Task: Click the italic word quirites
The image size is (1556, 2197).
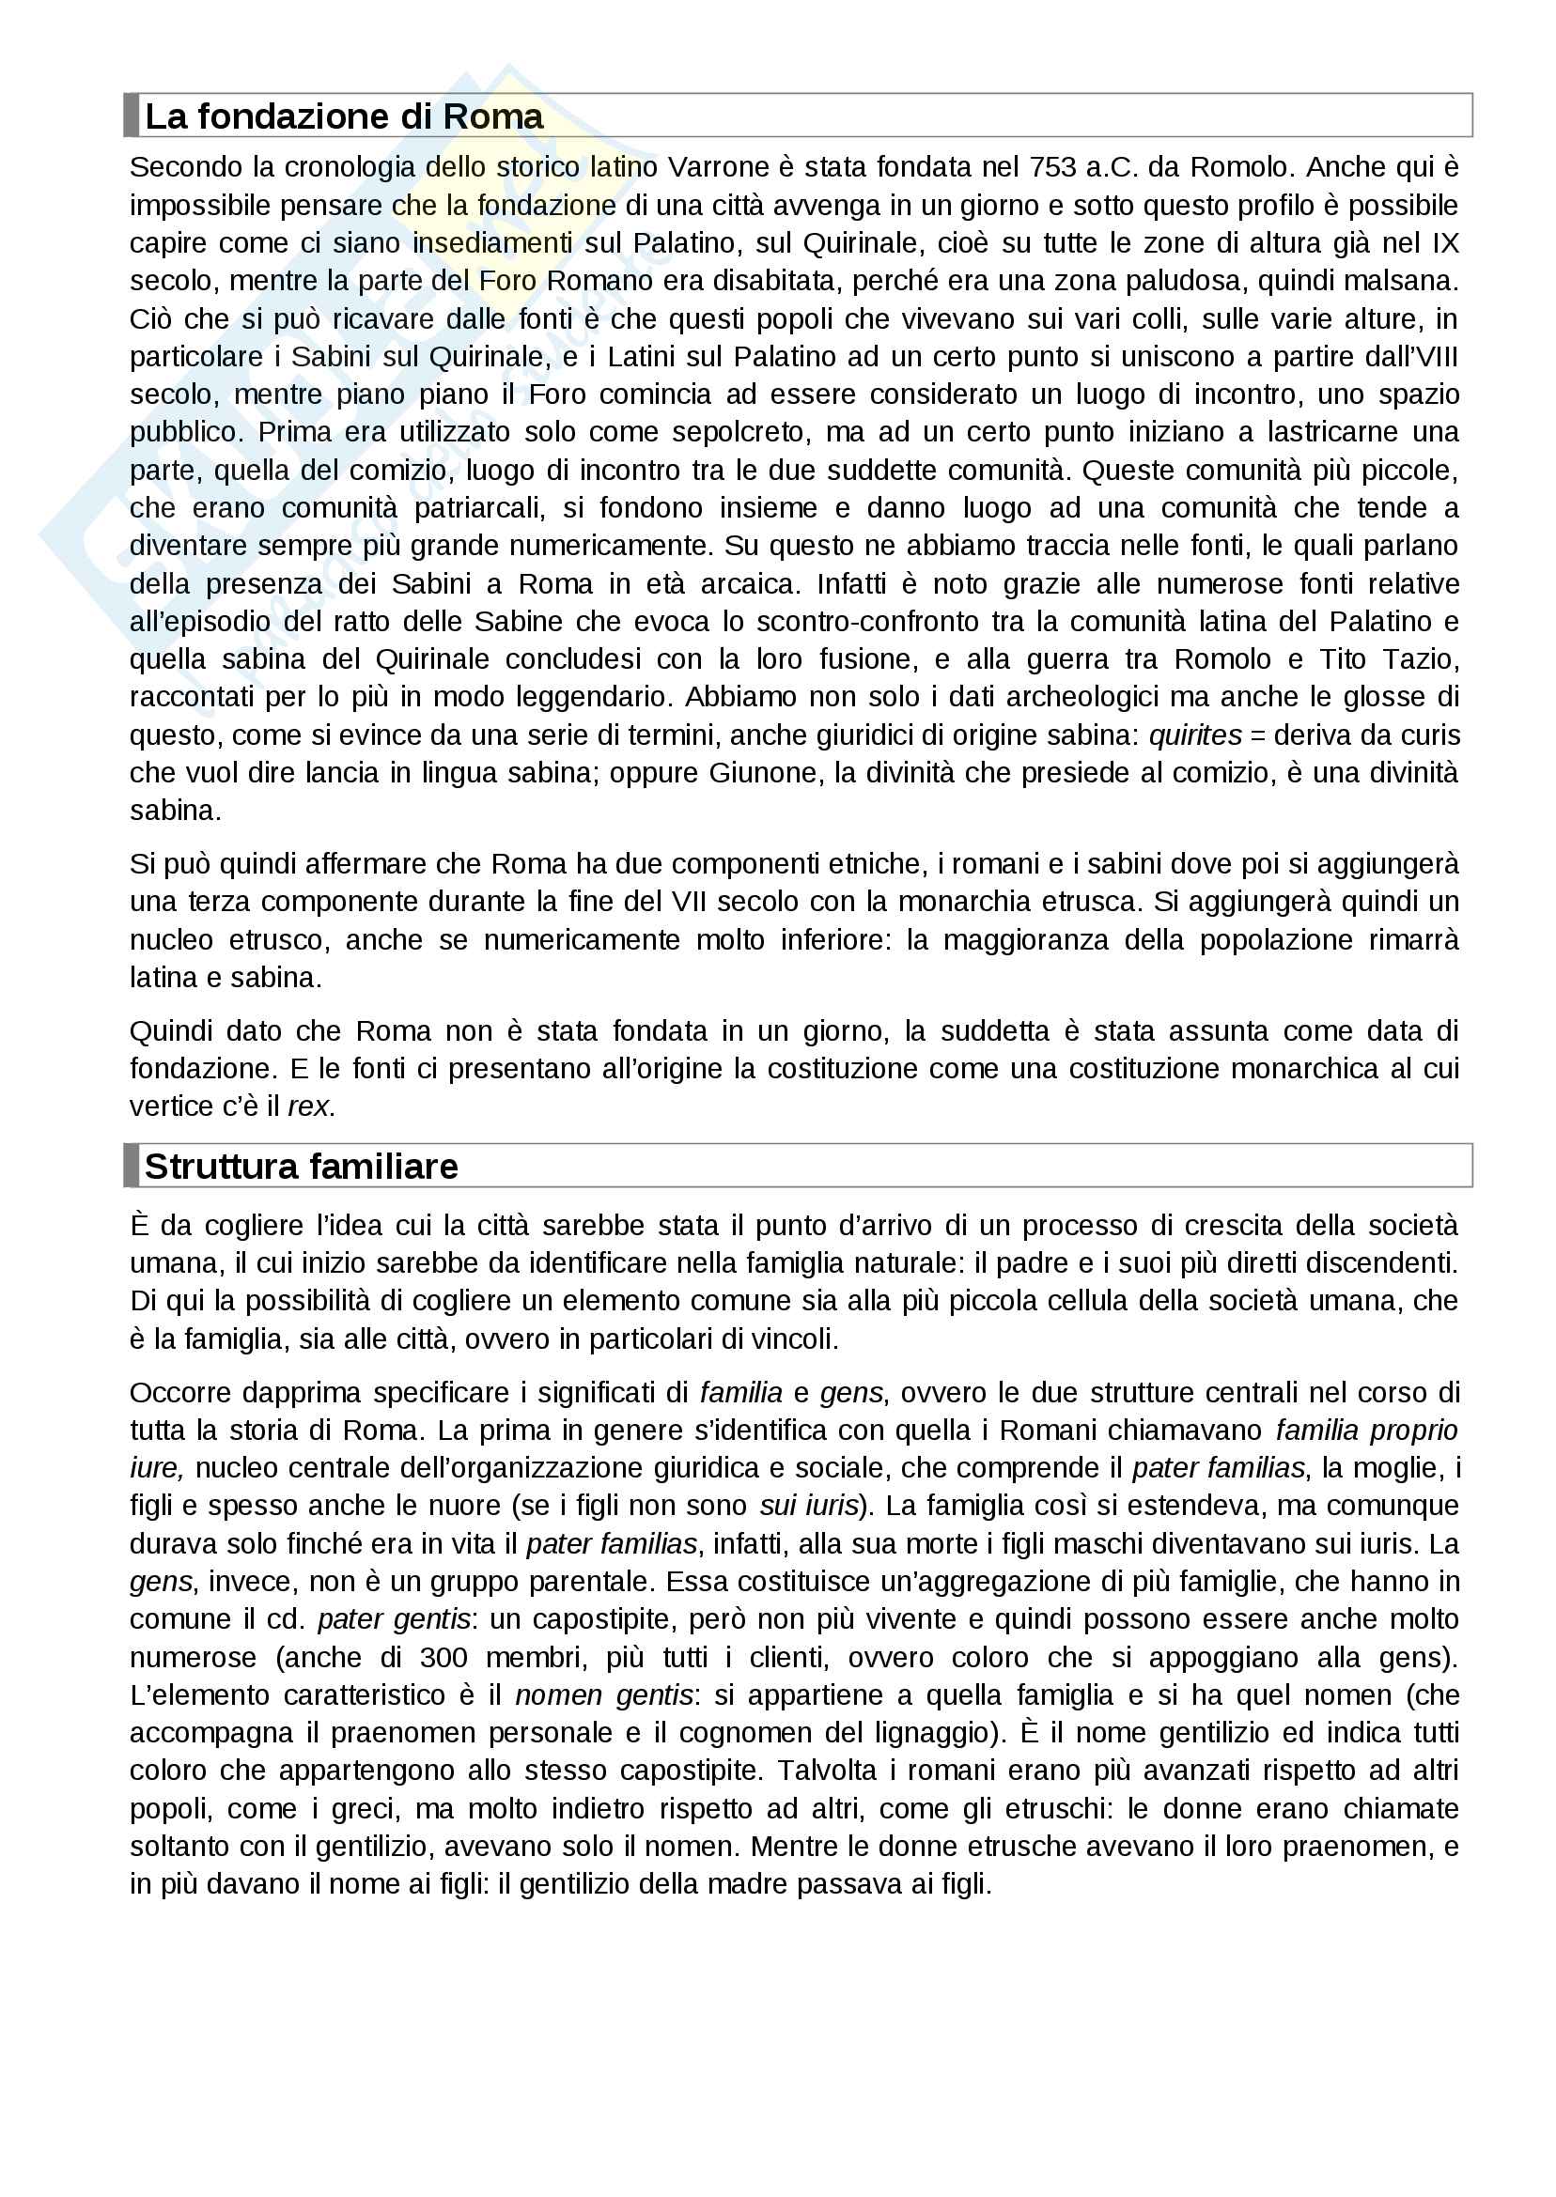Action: pyautogui.click(x=1195, y=735)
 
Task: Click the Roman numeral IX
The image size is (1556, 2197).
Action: pyautogui.click(x=1445, y=243)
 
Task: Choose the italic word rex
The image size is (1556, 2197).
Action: pyautogui.click(x=309, y=1106)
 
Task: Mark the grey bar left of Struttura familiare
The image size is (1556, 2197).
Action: pyautogui.click(x=132, y=1166)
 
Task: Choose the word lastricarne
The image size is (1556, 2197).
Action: pyautogui.click(x=1331, y=432)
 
